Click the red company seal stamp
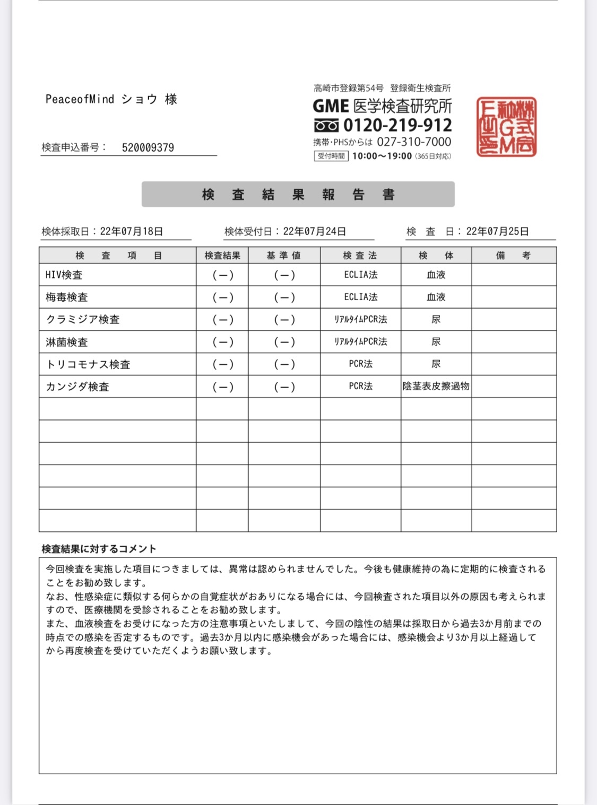click(x=506, y=127)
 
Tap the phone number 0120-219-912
click(x=397, y=125)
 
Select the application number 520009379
click(x=148, y=147)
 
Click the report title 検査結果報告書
click(x=298, y=195)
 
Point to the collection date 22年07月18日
click(x=131, y=231)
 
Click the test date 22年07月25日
click(x=497, y=231)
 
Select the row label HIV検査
click(x=64, y=275)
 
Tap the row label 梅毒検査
click(x=67, y=297)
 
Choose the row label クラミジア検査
click(x=83, y=319)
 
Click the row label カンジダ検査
click(x=77, y=387)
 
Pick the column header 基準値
click(x=284, y=256)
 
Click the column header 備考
click(x=513, y=256)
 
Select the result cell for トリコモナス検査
click(x=222, y=364)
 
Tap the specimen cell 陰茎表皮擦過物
click(x=436, y=386)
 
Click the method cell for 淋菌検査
click(x=360, y=342)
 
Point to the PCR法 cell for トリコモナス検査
click(x=360, y=364)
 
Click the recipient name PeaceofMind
click(x=80, y=99)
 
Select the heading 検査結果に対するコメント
click(x=99, y=549)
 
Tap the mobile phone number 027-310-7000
click(x=414, y=142)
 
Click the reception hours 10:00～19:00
click(x=382, y=156)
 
